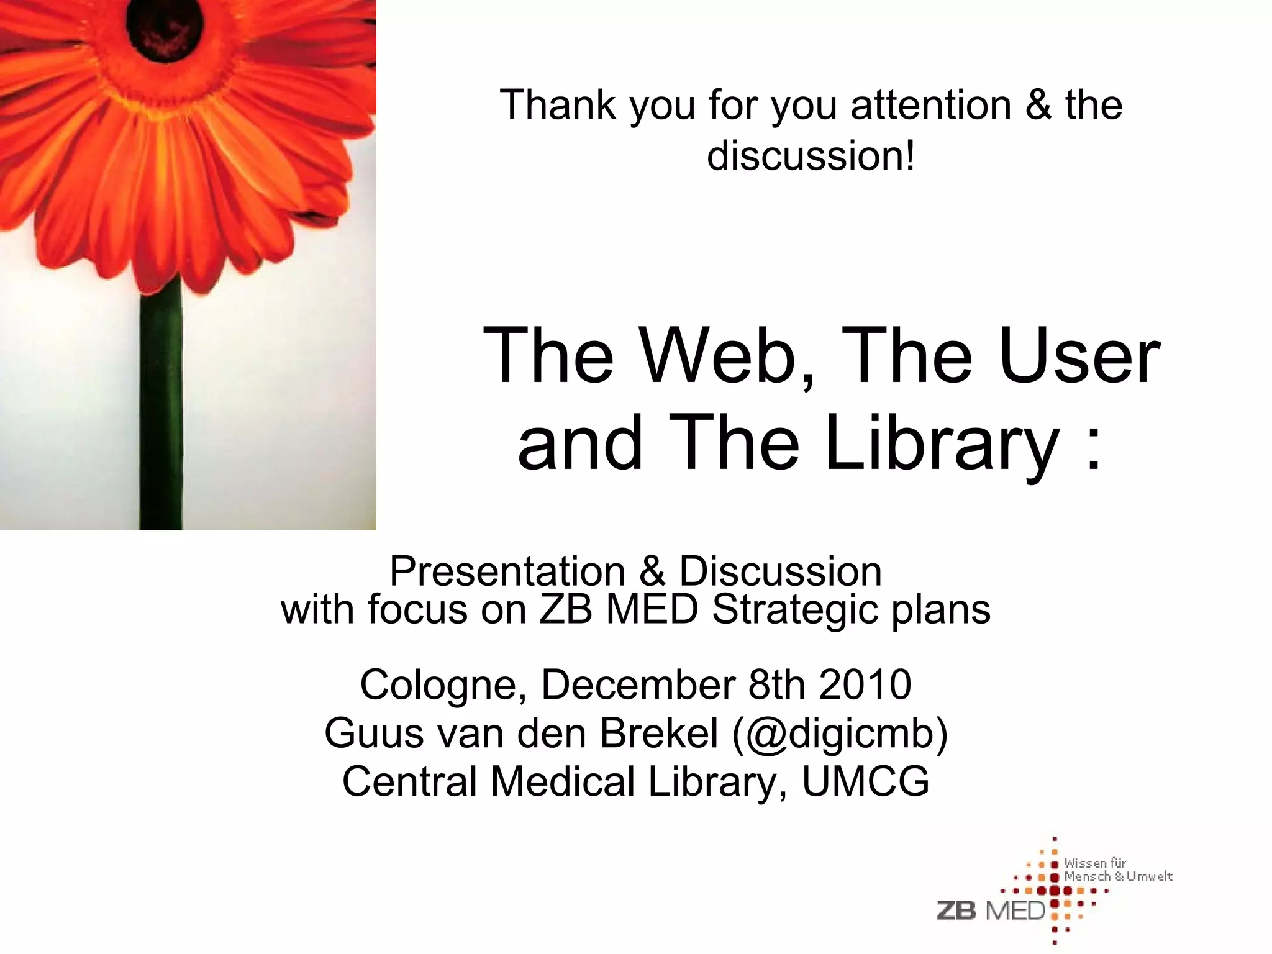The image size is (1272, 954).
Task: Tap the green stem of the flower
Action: point(161,404)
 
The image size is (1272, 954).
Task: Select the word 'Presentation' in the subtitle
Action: point(507,571)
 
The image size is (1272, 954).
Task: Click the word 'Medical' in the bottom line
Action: point(563,781)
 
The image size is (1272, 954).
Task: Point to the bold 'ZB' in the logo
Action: point(956,911)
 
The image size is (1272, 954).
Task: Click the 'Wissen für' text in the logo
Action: point(1094,863)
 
